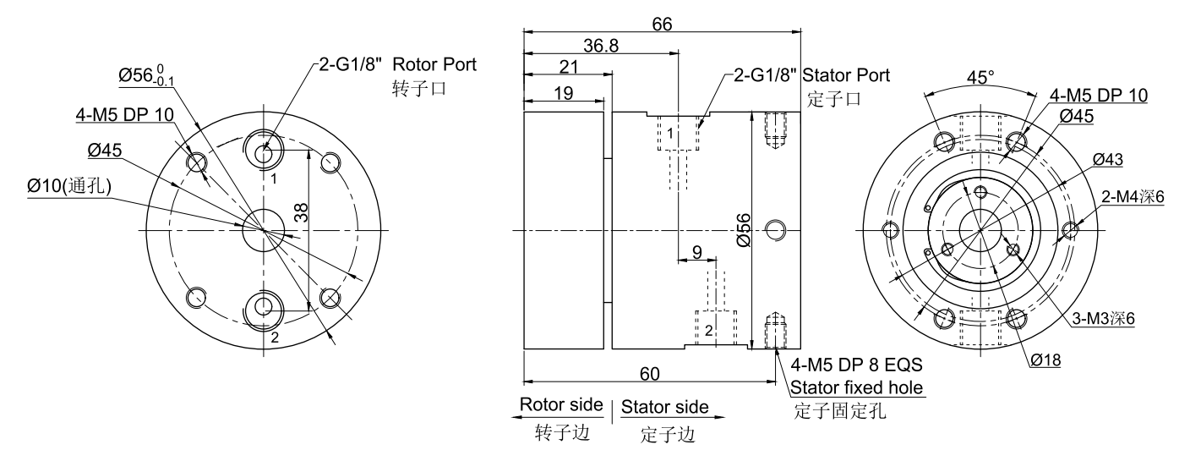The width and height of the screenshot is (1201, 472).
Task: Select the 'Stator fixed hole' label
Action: coord(857,389)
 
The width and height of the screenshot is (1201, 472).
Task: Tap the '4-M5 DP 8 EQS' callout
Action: coord(854,366)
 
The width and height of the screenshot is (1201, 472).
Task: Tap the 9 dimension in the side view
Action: coord(696,251)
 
